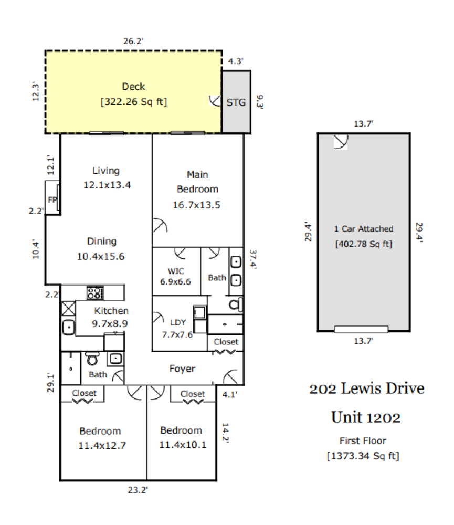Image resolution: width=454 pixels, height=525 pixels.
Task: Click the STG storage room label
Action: point(236,102)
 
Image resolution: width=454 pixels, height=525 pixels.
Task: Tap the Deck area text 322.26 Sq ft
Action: point(133,102)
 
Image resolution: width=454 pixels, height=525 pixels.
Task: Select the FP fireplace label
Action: point(52,199)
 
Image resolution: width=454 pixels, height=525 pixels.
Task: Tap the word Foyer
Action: point(182,369)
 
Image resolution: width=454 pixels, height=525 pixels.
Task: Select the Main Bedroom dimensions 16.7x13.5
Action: point(197,205)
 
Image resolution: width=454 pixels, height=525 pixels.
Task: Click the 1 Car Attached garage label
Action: point(364,228)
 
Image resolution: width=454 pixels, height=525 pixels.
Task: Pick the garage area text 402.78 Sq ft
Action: point(364,244)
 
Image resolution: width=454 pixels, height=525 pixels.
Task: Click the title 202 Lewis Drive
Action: point(366,389)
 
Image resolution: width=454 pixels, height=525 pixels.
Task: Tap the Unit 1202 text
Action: point(366,417)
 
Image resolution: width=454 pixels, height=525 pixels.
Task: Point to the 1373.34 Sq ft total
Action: point(363,456)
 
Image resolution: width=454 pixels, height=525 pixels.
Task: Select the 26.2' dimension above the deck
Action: point(133,40)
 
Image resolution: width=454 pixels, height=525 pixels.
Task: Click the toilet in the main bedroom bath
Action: point(236,304)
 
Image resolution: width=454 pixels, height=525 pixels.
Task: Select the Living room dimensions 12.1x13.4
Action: point(107,185)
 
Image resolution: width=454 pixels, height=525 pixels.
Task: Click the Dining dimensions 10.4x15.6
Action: point(102,256)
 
